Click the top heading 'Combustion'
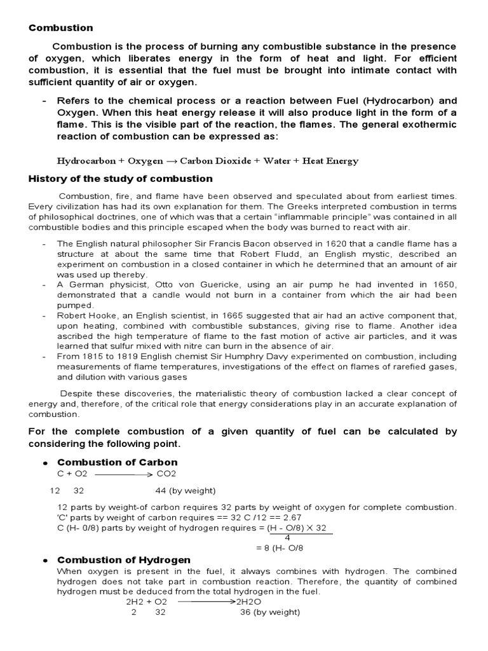click(x=60, y=28)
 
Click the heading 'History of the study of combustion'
click(x=121, y=179)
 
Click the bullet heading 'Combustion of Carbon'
click(x=118, y=462)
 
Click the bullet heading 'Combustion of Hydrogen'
click(x=124, y=560)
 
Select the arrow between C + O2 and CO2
click(x=124, y=474)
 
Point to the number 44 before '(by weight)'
click(x=161, y=491)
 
